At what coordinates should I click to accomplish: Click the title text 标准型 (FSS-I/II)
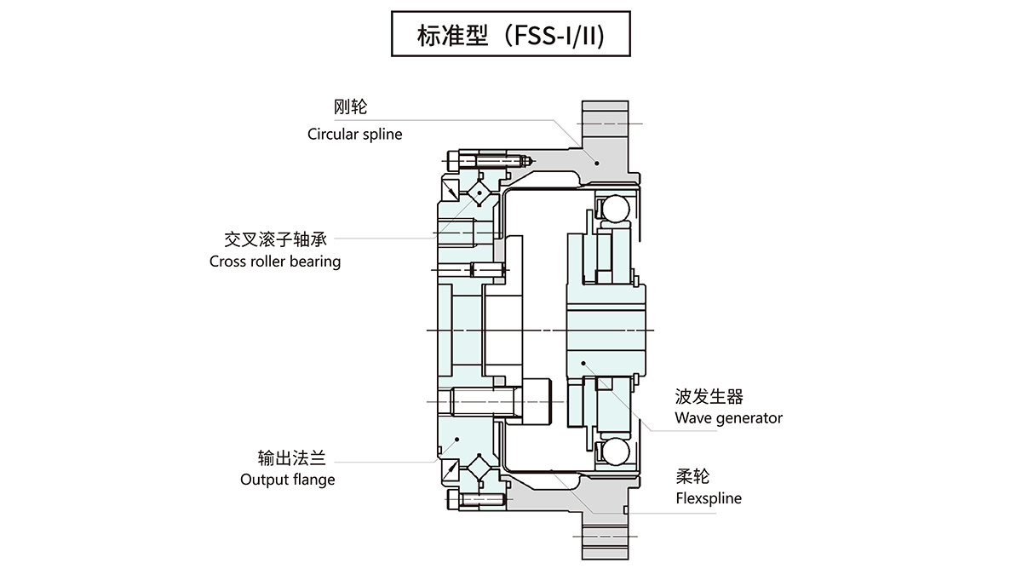(511, 34)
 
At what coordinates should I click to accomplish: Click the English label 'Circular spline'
(354, 135)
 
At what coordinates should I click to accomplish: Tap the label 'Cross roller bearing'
(275, 262)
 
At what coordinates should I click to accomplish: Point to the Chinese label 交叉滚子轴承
(276, 238)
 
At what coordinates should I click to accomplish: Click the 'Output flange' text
(288, 480)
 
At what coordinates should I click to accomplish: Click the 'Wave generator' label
(728, 417)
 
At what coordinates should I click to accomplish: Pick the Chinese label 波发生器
(709, 396)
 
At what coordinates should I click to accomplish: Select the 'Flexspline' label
(708, 498)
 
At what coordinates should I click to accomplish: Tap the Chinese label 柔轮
(692, 476)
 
